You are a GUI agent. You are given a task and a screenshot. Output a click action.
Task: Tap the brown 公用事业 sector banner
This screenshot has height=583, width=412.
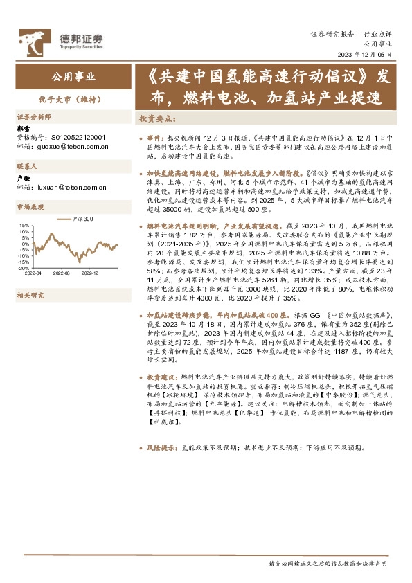(x=74, y=77)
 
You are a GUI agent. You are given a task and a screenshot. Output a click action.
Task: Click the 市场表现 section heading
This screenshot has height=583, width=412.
(x=30, y=207)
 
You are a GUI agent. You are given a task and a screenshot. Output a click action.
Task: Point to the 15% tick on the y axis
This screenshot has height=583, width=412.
(x=25, y=225)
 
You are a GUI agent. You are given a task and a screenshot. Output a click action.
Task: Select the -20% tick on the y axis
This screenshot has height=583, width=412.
(x=24, y=267)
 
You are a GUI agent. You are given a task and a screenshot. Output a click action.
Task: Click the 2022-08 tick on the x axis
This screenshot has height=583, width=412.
(x=62, y=273)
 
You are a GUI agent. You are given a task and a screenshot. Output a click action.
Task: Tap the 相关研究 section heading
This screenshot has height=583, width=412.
(x=30, y=295)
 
